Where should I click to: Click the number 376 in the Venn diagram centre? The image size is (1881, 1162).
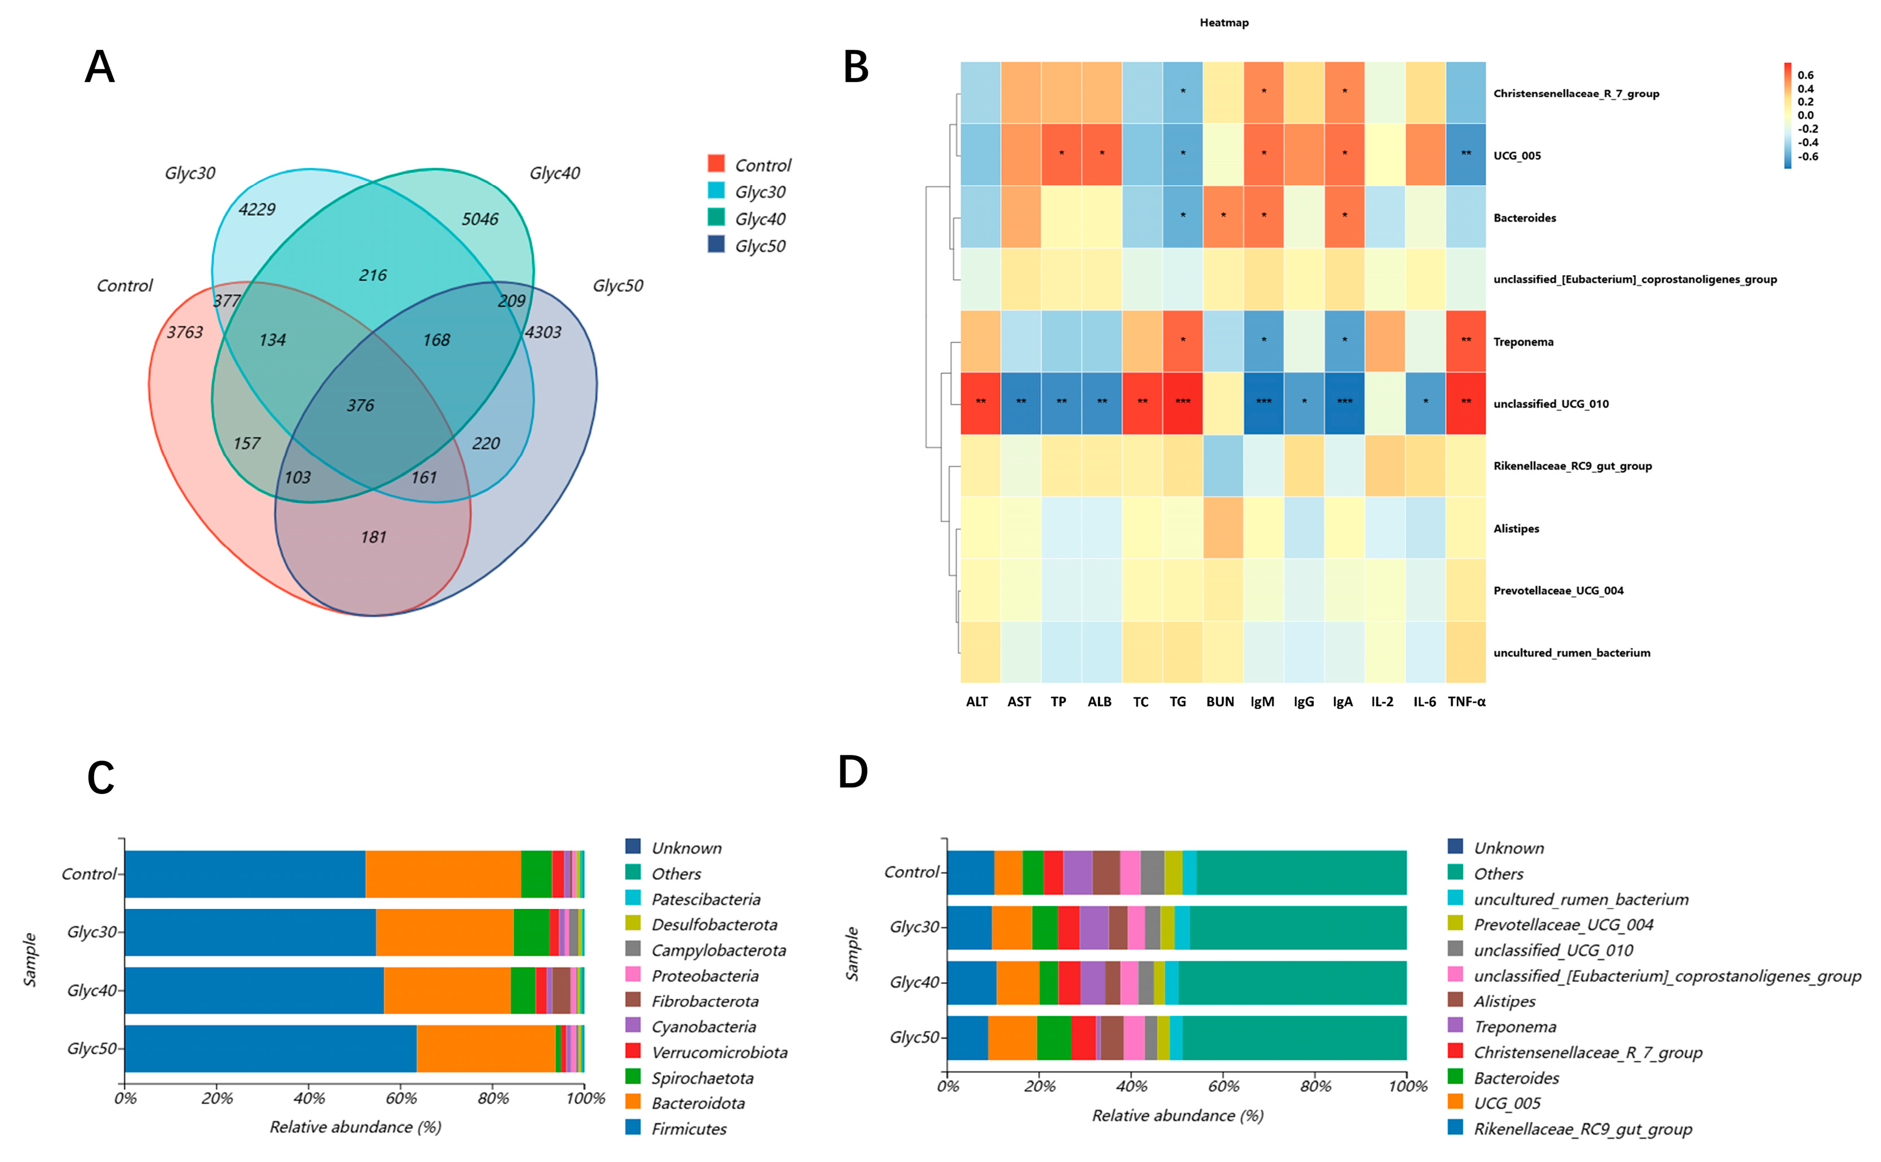[360, 405]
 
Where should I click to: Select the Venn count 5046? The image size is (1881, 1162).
[480, 219]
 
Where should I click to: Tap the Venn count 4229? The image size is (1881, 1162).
[257, 209]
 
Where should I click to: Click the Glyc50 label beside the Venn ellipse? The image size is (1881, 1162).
[618, 286]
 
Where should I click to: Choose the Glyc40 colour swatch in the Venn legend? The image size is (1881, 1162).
[716, 218]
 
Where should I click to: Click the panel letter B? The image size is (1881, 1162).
[856, 67]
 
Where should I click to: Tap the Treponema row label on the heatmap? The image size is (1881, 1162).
[1523, 342]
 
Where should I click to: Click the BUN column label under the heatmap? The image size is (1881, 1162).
[1220, 702]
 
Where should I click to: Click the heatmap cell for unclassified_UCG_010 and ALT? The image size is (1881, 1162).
[980, 403]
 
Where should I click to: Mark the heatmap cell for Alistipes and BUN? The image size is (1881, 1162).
[1222, 528]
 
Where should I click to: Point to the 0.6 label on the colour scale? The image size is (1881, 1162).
[1805, 75]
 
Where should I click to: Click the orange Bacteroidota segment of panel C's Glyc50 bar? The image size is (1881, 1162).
[486, 1048]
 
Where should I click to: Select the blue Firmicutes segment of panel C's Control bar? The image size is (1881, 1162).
[244, 874]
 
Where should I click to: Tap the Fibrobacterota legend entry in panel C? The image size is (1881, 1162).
[704, 1001]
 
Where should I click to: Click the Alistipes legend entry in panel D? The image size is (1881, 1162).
[1504, 1001]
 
